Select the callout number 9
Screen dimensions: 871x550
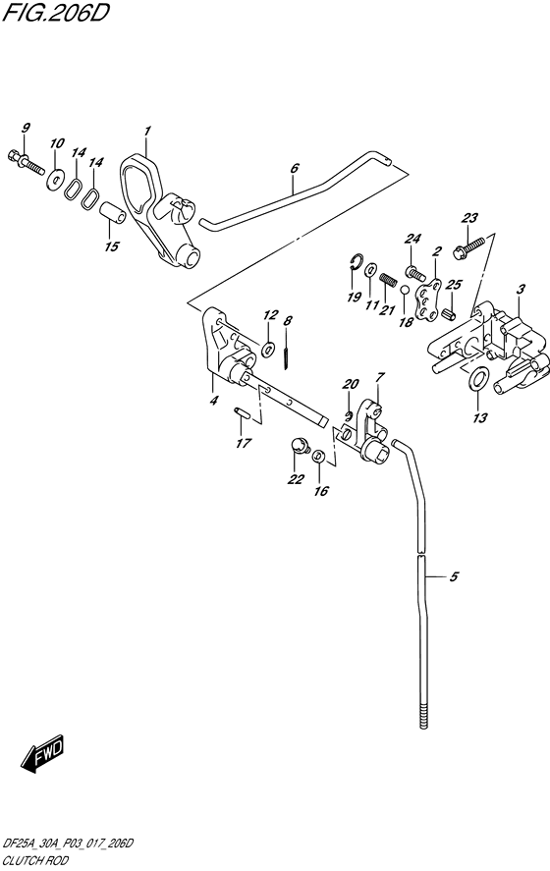[x=26, y=128]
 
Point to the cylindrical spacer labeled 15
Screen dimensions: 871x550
[x=113, y=212]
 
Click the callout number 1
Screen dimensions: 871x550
[x=146, y=131]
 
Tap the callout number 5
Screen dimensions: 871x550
[x=454, y=577]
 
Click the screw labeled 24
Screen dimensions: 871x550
[x=413, y=260]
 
